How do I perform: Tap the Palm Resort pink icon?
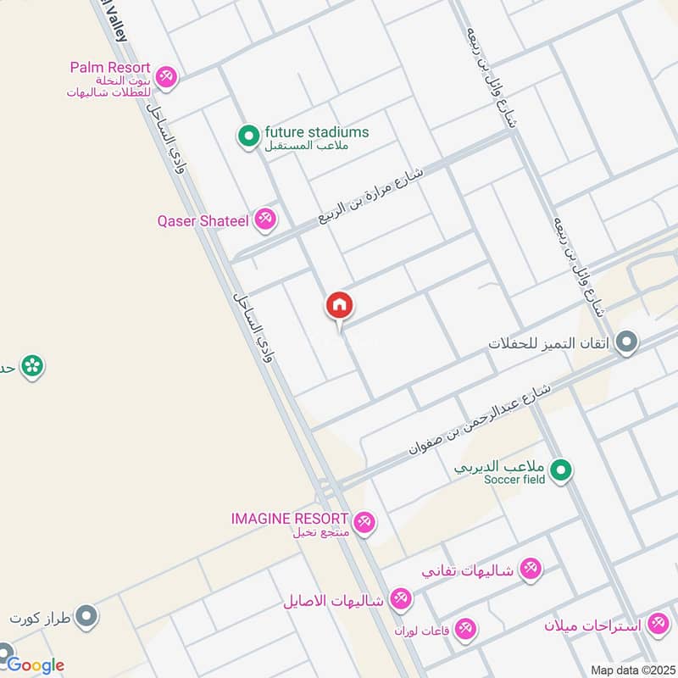(x=166, y=76)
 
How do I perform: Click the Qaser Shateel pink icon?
(x=266, y=220)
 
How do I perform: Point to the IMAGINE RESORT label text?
(x=289, y=518)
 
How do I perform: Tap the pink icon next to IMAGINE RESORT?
(x=365, y=521)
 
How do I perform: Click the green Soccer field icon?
(x=560, y=470)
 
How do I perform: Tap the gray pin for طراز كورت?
(x=86, y=616)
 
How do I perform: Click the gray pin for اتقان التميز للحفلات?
(x=626, y=343)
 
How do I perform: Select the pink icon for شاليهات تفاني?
(x=531, y=569)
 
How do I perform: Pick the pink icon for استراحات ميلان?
(x=657, y=625)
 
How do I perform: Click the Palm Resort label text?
(x=110, y=67)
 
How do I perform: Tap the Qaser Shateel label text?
(x=203, y=221)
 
